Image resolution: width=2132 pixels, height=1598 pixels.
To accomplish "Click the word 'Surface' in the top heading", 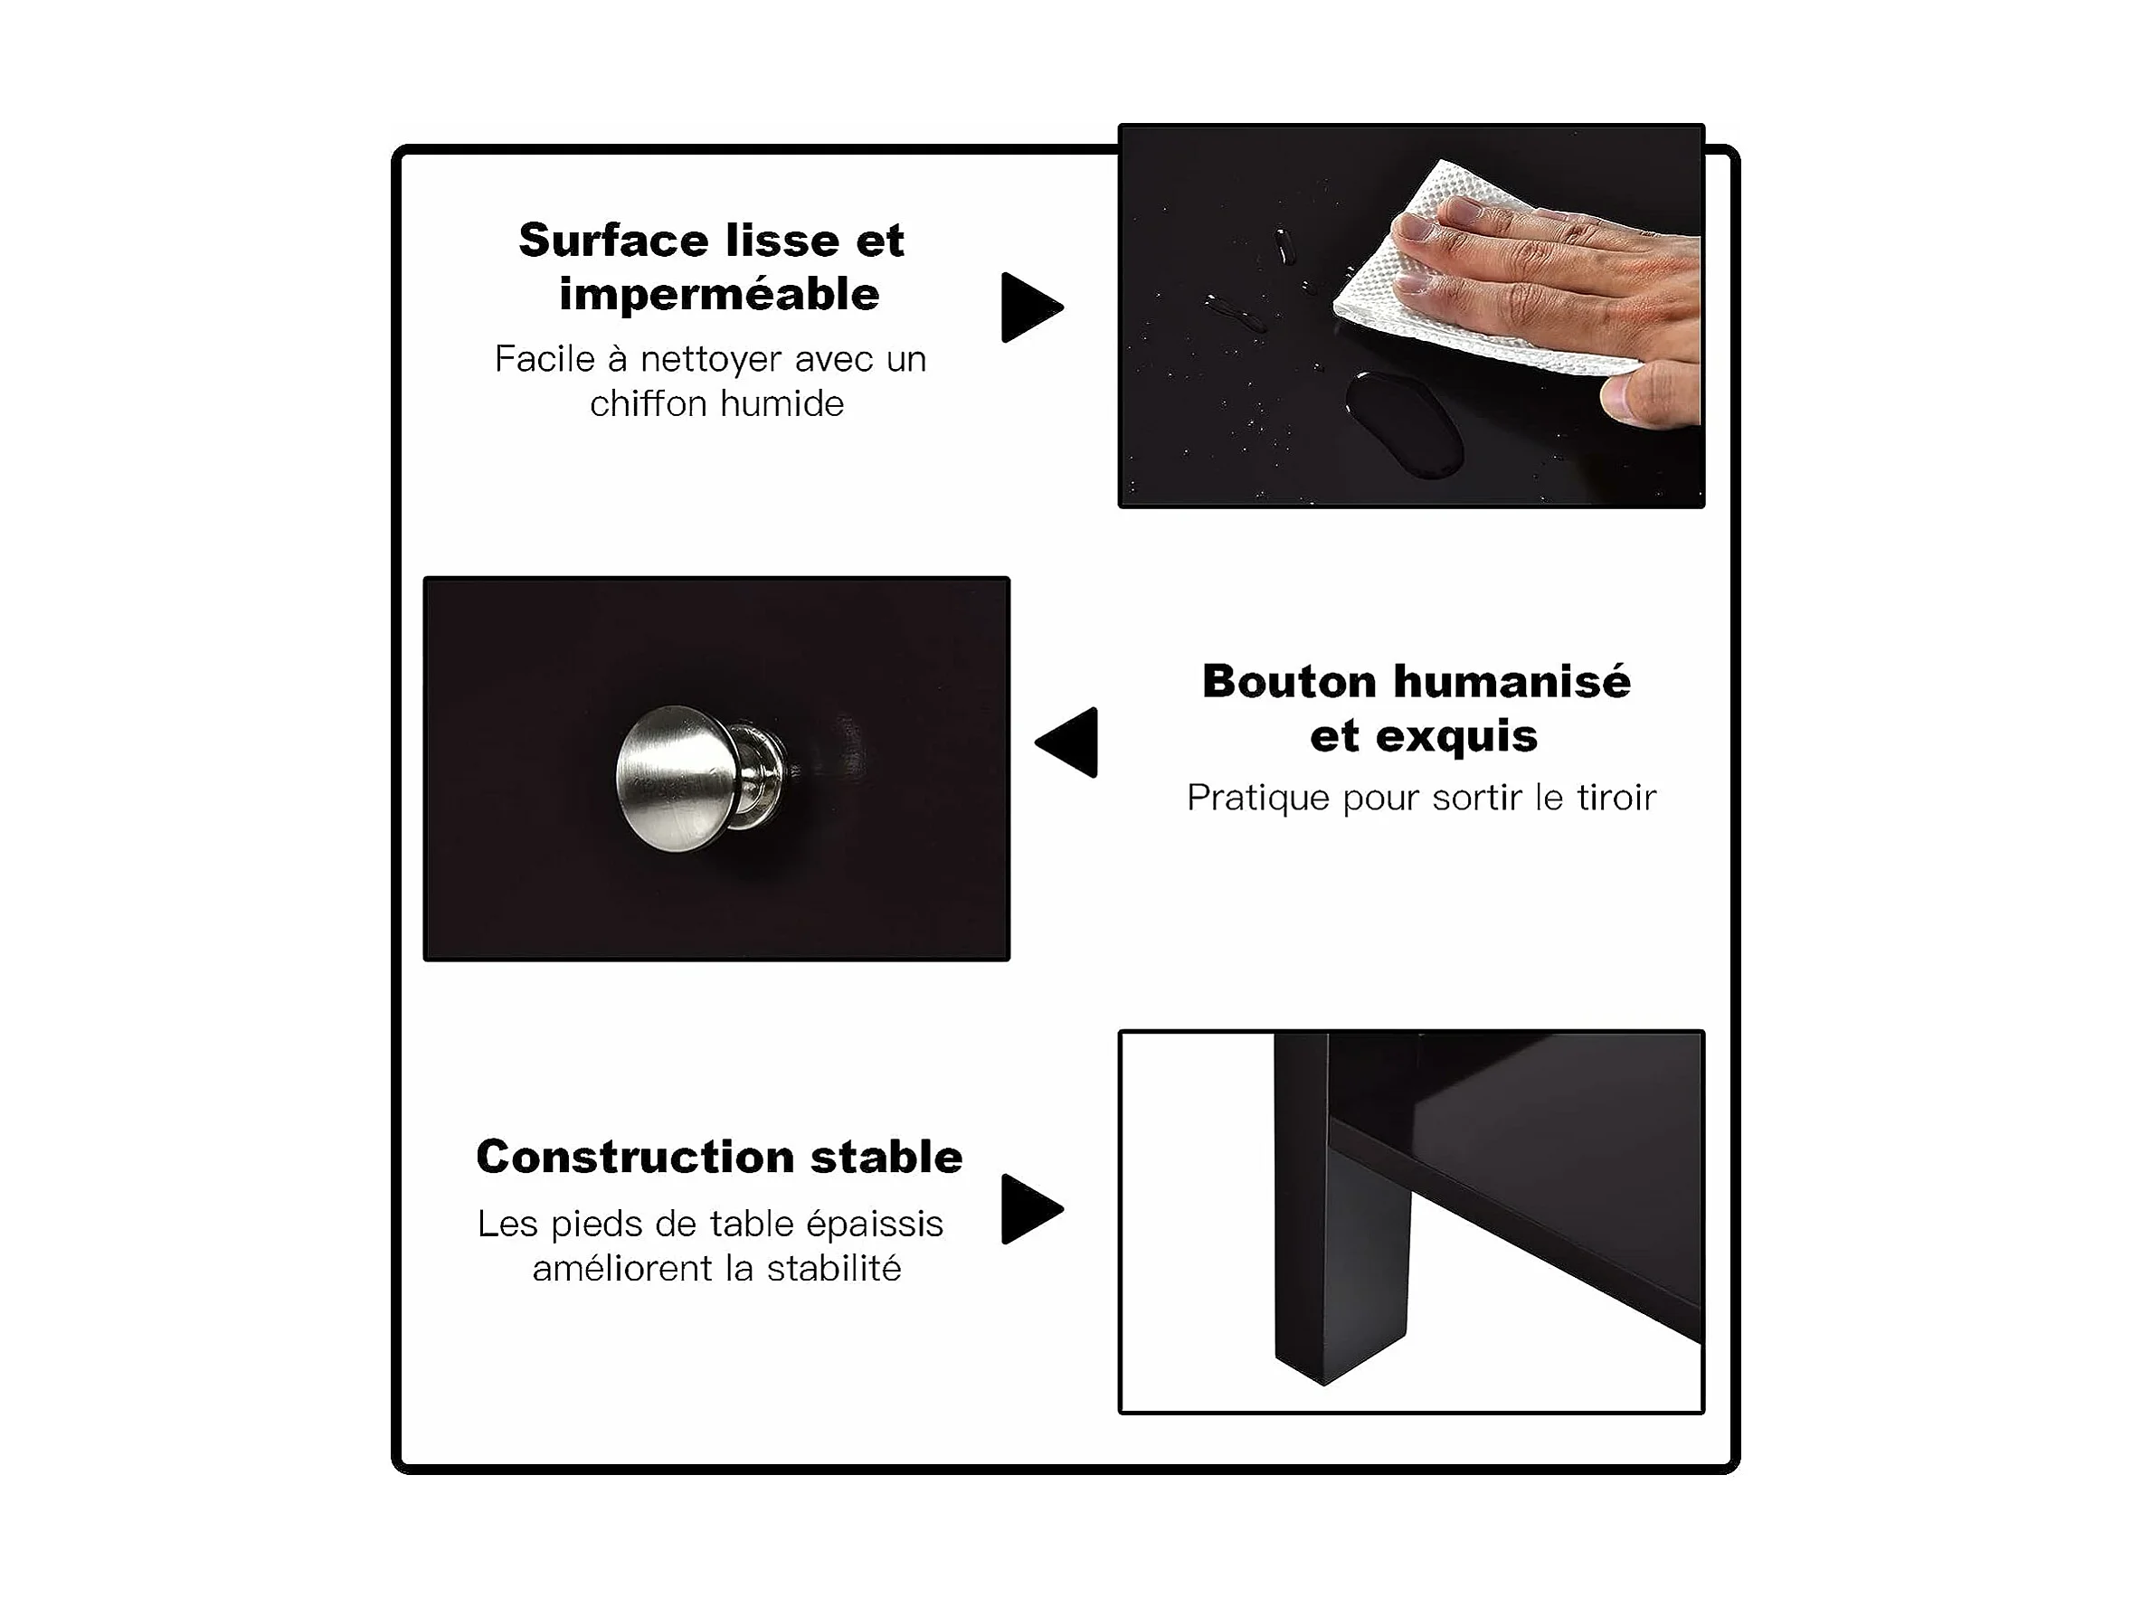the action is [x=614, y=240].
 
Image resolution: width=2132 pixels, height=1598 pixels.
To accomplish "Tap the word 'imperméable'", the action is [x=719, y=295].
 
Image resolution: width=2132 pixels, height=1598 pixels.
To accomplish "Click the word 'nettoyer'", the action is [x=711, y=360].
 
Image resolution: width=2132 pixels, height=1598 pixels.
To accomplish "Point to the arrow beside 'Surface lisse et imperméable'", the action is [x=1031, y=307].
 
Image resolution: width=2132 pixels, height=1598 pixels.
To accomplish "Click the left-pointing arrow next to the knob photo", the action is [x=1067, y=742].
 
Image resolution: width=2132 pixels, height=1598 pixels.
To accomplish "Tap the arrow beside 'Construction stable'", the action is [x=1031, y=1208].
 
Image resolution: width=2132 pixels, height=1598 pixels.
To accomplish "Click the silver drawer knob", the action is [x=701, y=779].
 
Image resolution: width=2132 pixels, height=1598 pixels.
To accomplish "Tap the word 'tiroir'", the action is [x=1616, y=797].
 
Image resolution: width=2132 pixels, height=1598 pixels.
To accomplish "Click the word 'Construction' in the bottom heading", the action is [x=635, y=1157].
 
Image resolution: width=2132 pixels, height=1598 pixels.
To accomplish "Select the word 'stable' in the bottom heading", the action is [x=886, y=1157].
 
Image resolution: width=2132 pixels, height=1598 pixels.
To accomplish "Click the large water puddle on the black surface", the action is [x=1405, y=424].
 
